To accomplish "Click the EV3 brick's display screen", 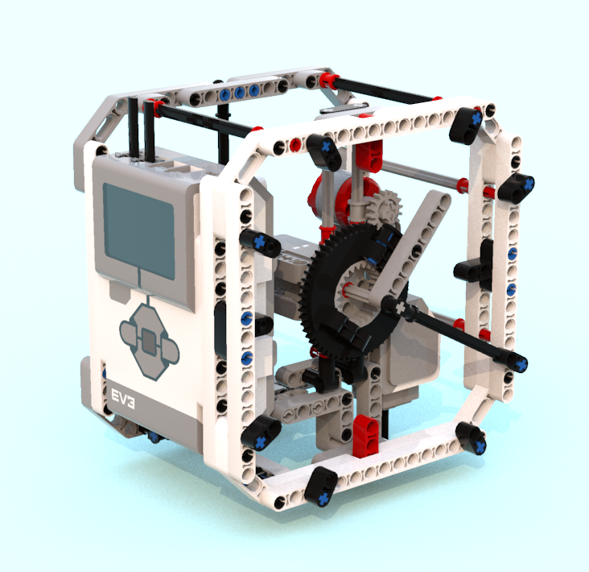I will (x=138, y=229).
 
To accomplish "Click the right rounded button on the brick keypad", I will (x=170, y=348).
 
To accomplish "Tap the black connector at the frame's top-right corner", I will (x=467, y=121).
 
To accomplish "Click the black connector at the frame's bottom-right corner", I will (x=472, y=437).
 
